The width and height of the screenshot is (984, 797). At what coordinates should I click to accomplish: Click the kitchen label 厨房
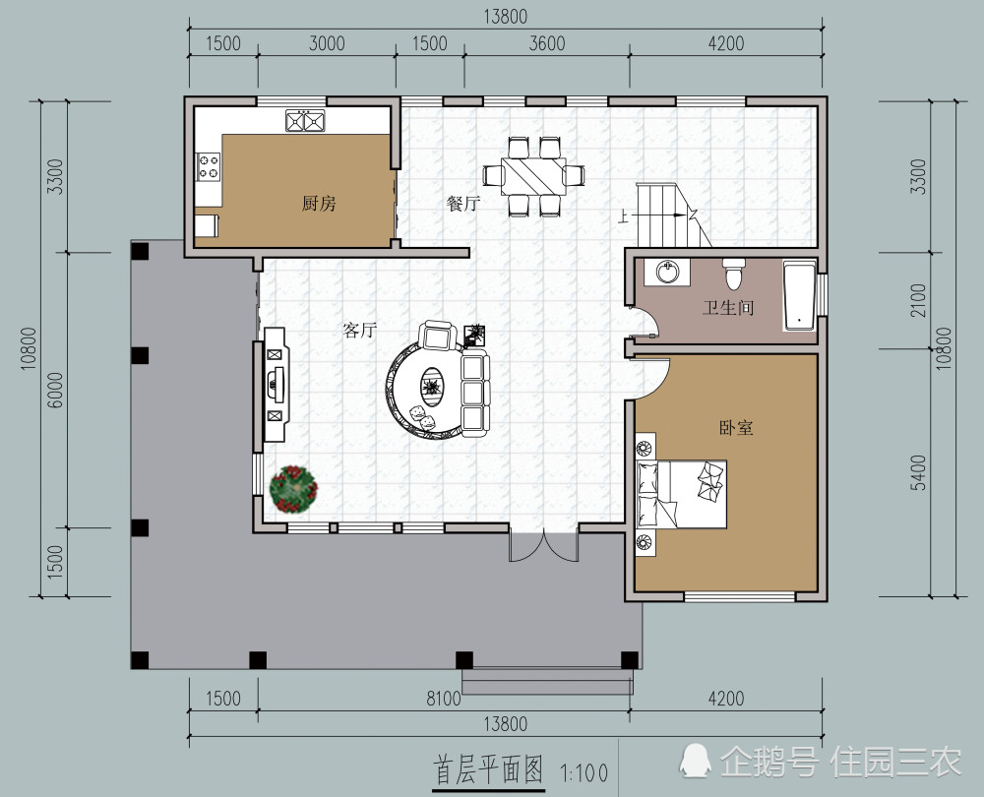[319, 204]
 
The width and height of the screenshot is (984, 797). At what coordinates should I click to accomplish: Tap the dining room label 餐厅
[463, 204]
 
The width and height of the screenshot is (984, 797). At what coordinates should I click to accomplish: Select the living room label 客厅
[359, 330]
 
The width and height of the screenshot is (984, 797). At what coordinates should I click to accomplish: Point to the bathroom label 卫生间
[728, 308]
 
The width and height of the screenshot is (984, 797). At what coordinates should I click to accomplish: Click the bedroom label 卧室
[736, 428]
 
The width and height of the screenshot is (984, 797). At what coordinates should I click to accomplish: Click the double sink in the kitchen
[305, 120]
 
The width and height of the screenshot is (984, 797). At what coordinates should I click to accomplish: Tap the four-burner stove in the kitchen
[209, 167]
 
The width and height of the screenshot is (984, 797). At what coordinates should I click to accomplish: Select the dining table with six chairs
[533, 176]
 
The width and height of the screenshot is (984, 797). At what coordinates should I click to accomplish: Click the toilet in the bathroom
[733, 273]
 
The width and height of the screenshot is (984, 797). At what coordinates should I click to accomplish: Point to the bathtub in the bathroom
[799, 296]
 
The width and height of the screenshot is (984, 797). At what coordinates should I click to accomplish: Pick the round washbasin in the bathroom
[667, 272]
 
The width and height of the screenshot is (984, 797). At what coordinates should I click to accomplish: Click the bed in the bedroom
[682, 495]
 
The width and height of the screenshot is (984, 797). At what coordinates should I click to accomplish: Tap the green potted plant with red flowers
[293, 489]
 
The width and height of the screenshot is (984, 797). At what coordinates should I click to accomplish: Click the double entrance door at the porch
[543, 546]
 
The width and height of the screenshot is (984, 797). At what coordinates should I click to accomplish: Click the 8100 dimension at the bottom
[444, 699]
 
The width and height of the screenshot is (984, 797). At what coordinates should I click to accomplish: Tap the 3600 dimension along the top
[546, 43]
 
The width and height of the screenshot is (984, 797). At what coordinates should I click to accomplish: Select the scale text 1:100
[584, 772]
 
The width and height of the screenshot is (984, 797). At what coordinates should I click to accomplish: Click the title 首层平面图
[488, 769]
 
